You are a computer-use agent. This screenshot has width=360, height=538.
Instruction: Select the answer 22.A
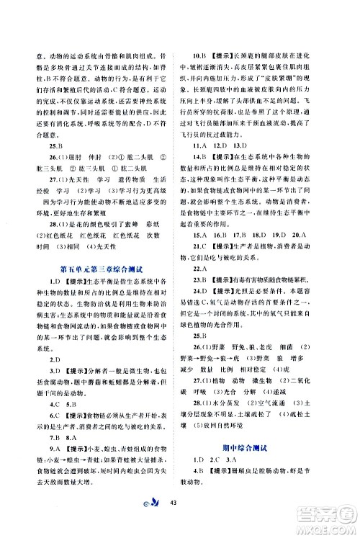pos(200,268)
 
